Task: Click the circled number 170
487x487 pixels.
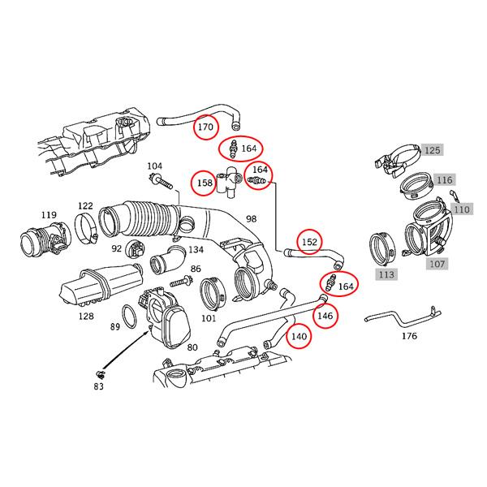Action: (x=206, y=127)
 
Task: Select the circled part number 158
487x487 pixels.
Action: (x=205, y=183)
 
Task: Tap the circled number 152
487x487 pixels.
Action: (x=309, y=242)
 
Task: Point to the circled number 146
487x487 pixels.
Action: (x=325, y=315)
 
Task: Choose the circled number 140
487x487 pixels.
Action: (x=300, y=336)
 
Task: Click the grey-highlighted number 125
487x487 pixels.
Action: (x=433, y=150)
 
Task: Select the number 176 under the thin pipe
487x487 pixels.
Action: (x=409, y=334)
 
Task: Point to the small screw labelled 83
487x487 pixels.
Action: (x=100, y=373)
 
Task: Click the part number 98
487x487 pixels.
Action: (x=251, y=219)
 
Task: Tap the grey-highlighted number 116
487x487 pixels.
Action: (x=443, y=179)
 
